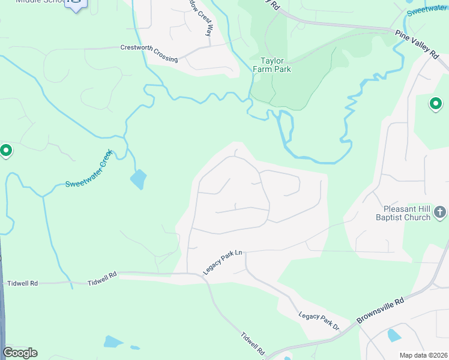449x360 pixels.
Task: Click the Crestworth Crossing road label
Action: [149, 53]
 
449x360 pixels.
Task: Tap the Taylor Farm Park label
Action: [276, 65]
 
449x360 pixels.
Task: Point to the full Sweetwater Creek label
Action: [89, 170]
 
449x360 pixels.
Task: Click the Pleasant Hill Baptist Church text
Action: [408, 214]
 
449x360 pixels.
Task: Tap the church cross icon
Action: [440, 212]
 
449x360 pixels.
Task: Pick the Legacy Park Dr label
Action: [319, 320]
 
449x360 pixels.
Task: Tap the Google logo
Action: [20, 353]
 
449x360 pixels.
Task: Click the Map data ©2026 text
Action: [423, 355]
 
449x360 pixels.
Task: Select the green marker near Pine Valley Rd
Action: [436, 104]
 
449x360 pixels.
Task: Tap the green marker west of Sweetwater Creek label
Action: [6, 150]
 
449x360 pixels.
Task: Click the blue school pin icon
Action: [76, 5]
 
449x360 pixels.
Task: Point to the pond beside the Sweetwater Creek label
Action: [138, 179]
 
